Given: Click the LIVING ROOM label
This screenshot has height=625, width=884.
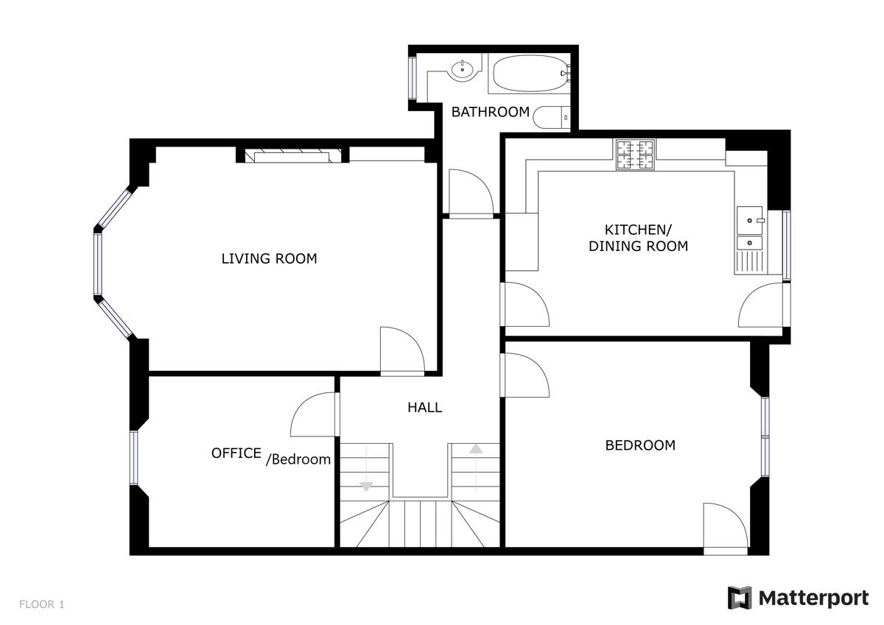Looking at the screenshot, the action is tap(269, 258).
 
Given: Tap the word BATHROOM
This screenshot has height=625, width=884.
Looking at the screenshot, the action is tap(490, 112).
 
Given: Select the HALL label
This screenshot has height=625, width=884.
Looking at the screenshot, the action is tap(424, 407).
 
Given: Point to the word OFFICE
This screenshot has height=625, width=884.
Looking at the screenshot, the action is tap(236, 453).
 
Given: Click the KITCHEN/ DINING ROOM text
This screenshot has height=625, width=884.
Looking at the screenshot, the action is tap(638, 238).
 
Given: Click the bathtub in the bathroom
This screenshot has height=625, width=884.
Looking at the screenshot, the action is tap(530, 74).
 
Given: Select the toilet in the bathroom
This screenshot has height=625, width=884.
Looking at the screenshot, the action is tap(552, 117).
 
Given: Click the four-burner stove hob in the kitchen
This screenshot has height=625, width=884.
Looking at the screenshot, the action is tap(635, 155).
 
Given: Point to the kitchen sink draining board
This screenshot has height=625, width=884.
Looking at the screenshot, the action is tap(750, 262).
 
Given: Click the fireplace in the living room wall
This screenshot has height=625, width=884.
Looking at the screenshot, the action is tap(292, 155).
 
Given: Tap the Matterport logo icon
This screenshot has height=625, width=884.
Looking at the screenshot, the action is tap(739, 598).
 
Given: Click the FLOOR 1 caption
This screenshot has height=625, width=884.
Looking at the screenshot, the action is tap(41, 604).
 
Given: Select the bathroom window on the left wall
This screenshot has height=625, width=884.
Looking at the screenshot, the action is tap(413, 78).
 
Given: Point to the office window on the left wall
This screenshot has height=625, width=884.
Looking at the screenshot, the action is tap(134, 457).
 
